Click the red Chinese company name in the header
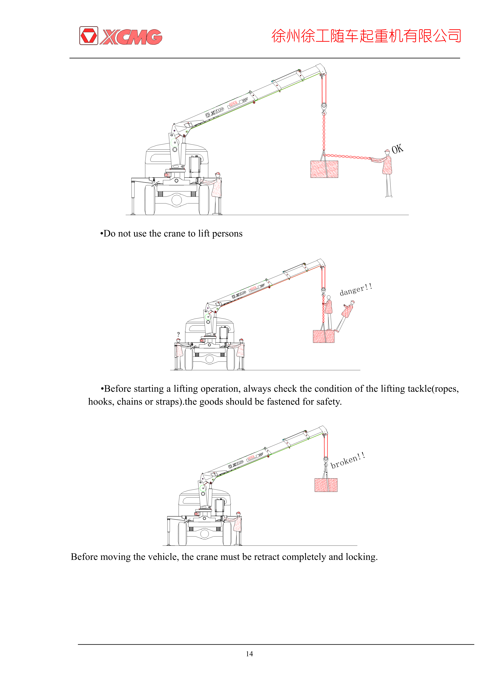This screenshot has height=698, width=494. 366,36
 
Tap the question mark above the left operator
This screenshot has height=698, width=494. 178,334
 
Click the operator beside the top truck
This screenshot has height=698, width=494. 216,192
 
